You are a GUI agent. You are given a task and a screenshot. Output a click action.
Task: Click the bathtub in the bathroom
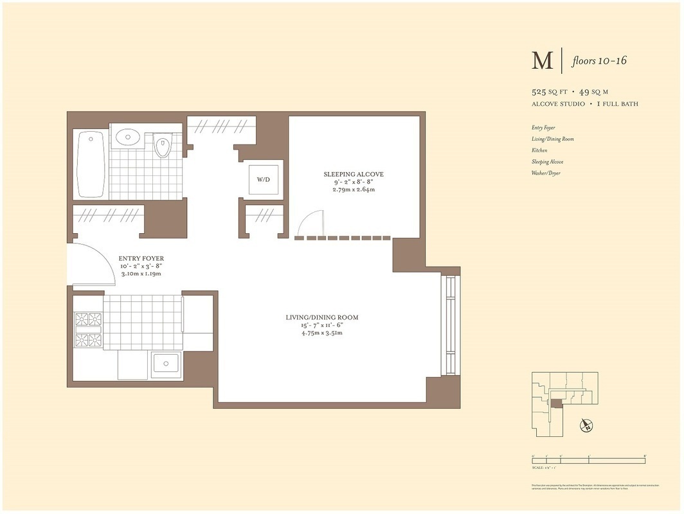point(91,164)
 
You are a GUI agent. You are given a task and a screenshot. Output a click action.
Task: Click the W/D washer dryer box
point(264,179)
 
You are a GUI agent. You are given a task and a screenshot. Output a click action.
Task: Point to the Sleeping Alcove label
point(353,174)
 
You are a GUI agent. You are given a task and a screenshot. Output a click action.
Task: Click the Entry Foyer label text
point(141,259)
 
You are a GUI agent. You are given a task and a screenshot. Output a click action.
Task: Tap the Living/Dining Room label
point(321,317)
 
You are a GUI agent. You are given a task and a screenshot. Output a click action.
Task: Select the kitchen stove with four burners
point(88,329)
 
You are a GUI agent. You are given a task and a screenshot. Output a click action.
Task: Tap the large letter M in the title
point(542,61)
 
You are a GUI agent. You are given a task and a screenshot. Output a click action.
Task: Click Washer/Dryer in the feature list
point(546,173)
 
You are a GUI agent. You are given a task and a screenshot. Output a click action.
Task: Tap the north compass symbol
point(586,425)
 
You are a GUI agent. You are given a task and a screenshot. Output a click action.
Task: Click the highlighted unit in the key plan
point(556,403)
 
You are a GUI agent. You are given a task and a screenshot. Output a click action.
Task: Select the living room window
point(450,326)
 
